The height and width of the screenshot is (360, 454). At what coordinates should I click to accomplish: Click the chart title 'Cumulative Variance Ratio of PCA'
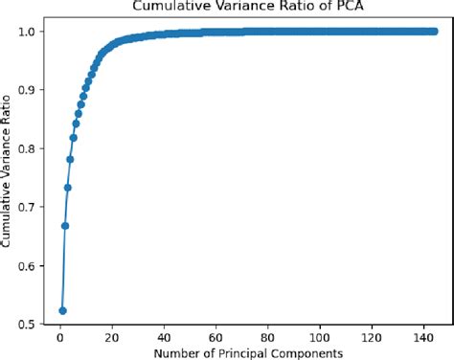tap(241, 9)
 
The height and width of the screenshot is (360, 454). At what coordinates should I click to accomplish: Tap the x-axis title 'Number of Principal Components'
tap(241, 351)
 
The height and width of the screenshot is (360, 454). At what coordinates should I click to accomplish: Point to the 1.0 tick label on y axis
tap(29, 32)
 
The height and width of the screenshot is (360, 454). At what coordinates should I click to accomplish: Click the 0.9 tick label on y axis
tap(29, 90)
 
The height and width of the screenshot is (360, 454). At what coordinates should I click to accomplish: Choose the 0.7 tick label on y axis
tap(29, 207)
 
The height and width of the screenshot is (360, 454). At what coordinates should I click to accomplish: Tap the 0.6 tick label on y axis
tap(29, 265)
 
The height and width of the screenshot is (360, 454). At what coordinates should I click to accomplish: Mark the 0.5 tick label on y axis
tap(29, 324)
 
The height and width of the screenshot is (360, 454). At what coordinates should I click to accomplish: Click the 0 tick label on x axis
tap(59, 335)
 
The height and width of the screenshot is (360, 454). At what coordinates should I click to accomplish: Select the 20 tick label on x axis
tap(112, 335)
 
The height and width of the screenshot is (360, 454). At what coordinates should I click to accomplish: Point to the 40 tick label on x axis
tap(165, 335)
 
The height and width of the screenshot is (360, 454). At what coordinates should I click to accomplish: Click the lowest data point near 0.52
tap(62, 310)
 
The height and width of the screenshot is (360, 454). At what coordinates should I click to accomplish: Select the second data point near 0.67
tap(65, 226)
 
